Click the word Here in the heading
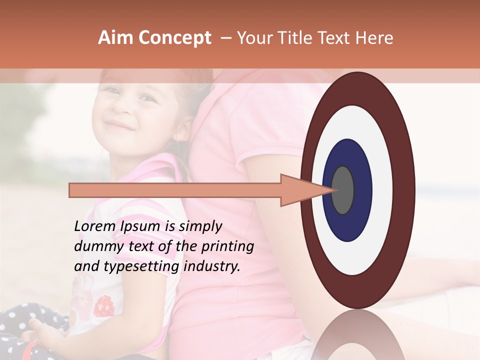point(375,38)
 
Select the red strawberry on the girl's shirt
point(104,305)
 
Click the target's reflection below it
point(357,335)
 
